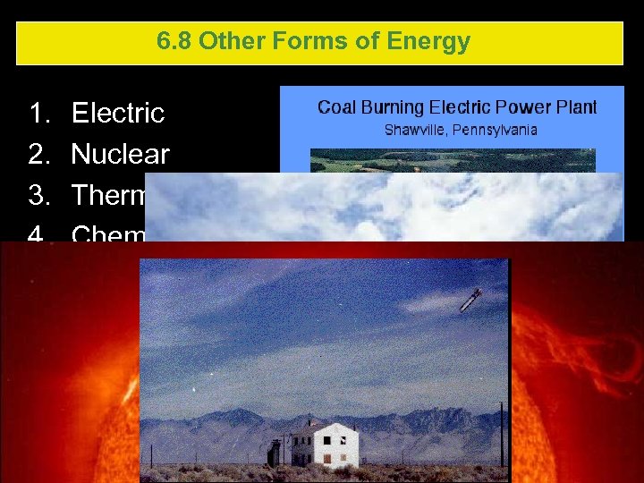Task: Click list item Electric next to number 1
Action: [x=118, y=113]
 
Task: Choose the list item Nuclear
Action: [x=120, y=154]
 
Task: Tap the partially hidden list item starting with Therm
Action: [x=107, y=195]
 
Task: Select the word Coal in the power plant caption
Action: [x=337, y=107]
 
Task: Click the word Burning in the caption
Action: [x=394, y=108]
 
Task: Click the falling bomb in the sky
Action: [x=471, y=300]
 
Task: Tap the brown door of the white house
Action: [x=328, y=460]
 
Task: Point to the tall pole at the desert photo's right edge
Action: [x=501, y=433]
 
